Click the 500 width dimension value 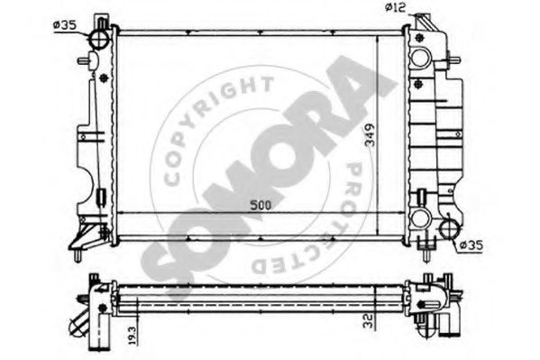pyautogui.click(x=261, y=205)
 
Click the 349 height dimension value pyautogui.click(x=370, y=134)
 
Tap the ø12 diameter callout pyautogui.click(x=396, y=7)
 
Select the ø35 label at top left pyautogui.click(x=65, y=25)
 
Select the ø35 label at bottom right pyautogui.click(x=471, y=245)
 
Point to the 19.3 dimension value pyautogui.click(x=133, y=335)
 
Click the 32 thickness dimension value pyautogui.click(x=369, y=320)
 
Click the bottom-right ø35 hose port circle pyautogui.click(x=451, y=228)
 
